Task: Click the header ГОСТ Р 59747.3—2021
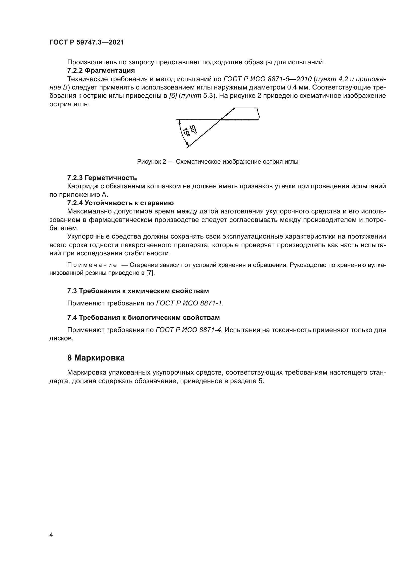coord(87,42)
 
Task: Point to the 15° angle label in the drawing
coord(186,132)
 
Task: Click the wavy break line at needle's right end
coord(259,114)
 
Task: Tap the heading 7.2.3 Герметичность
coord(102,178)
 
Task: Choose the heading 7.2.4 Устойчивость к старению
coord(120,203)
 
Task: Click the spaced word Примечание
coord(92,265)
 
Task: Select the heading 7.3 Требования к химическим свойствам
coord(138,291)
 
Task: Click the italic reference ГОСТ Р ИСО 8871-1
coord(190,303)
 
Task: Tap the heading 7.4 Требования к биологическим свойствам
coord(143,318)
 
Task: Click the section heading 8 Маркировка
coord(96,358)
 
